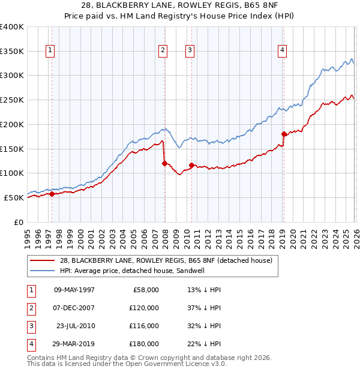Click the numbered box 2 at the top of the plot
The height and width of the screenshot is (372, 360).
(x=163, y=51)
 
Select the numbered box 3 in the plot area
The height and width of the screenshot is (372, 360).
(x=190, y=51)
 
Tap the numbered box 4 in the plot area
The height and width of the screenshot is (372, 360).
(x=281, y=51)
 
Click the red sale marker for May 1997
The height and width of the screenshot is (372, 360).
(x=52, y=194)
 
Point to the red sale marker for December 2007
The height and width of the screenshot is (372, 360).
(x=164, y=163)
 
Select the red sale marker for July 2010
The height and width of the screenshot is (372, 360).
(x=191, y=165)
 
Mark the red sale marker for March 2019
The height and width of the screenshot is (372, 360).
(x=284, y=134)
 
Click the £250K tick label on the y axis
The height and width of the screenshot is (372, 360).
(x=11, y=100)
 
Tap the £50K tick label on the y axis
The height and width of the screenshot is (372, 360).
(x=14, y=197)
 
